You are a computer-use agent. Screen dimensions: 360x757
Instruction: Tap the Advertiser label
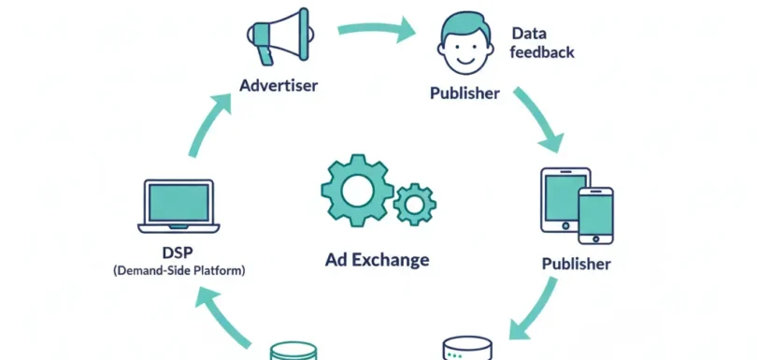click(279, 86)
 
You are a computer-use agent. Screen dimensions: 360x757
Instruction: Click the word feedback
click(542, 52)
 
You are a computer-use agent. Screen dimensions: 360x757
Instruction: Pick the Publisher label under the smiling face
click(464, 94)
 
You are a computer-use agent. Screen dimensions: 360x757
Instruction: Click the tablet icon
click(564, 199)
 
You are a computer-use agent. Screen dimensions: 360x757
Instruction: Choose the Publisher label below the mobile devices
click(577, 264)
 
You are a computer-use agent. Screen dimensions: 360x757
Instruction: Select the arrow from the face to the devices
click(536, 121)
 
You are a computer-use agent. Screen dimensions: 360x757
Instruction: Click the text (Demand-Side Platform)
click(178, 271)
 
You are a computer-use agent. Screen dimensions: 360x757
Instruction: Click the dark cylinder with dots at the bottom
click(466, 349)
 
